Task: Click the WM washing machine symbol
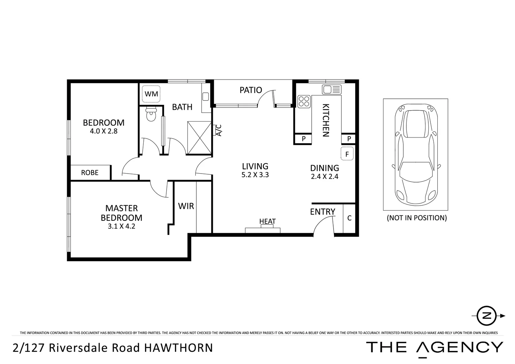[x=151, y=94]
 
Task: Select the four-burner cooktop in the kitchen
[x=304, y=101]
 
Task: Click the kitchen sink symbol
[x=332, y=90]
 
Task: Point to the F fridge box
[x=347, y=154]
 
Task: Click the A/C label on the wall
[x=218, y=130]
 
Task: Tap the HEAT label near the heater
[x=267, y=221]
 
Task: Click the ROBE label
[x=90, y=173]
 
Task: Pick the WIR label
[x=186, y=206]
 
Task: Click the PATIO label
[x=251, y=90]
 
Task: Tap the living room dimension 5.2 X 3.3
[x=255, y=175]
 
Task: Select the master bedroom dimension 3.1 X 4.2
[x=121, y=226]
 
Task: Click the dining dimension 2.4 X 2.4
[x=324, y=176]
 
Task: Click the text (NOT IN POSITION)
[x=417, y=218]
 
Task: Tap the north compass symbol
[x=487, y=316]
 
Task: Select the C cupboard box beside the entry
[x=349, y=218]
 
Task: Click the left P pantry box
[x=304, y=139]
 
